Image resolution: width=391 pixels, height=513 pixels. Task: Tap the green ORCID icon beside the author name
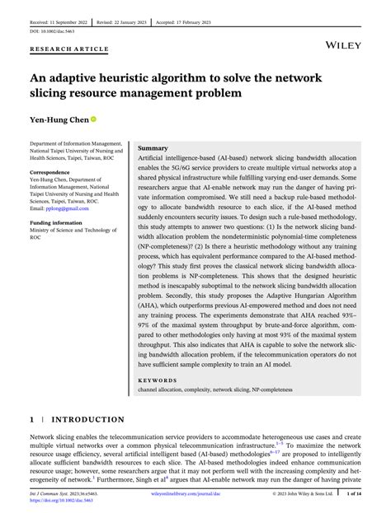coord(95,119)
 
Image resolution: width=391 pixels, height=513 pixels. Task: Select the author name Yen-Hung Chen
coord(59,119)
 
